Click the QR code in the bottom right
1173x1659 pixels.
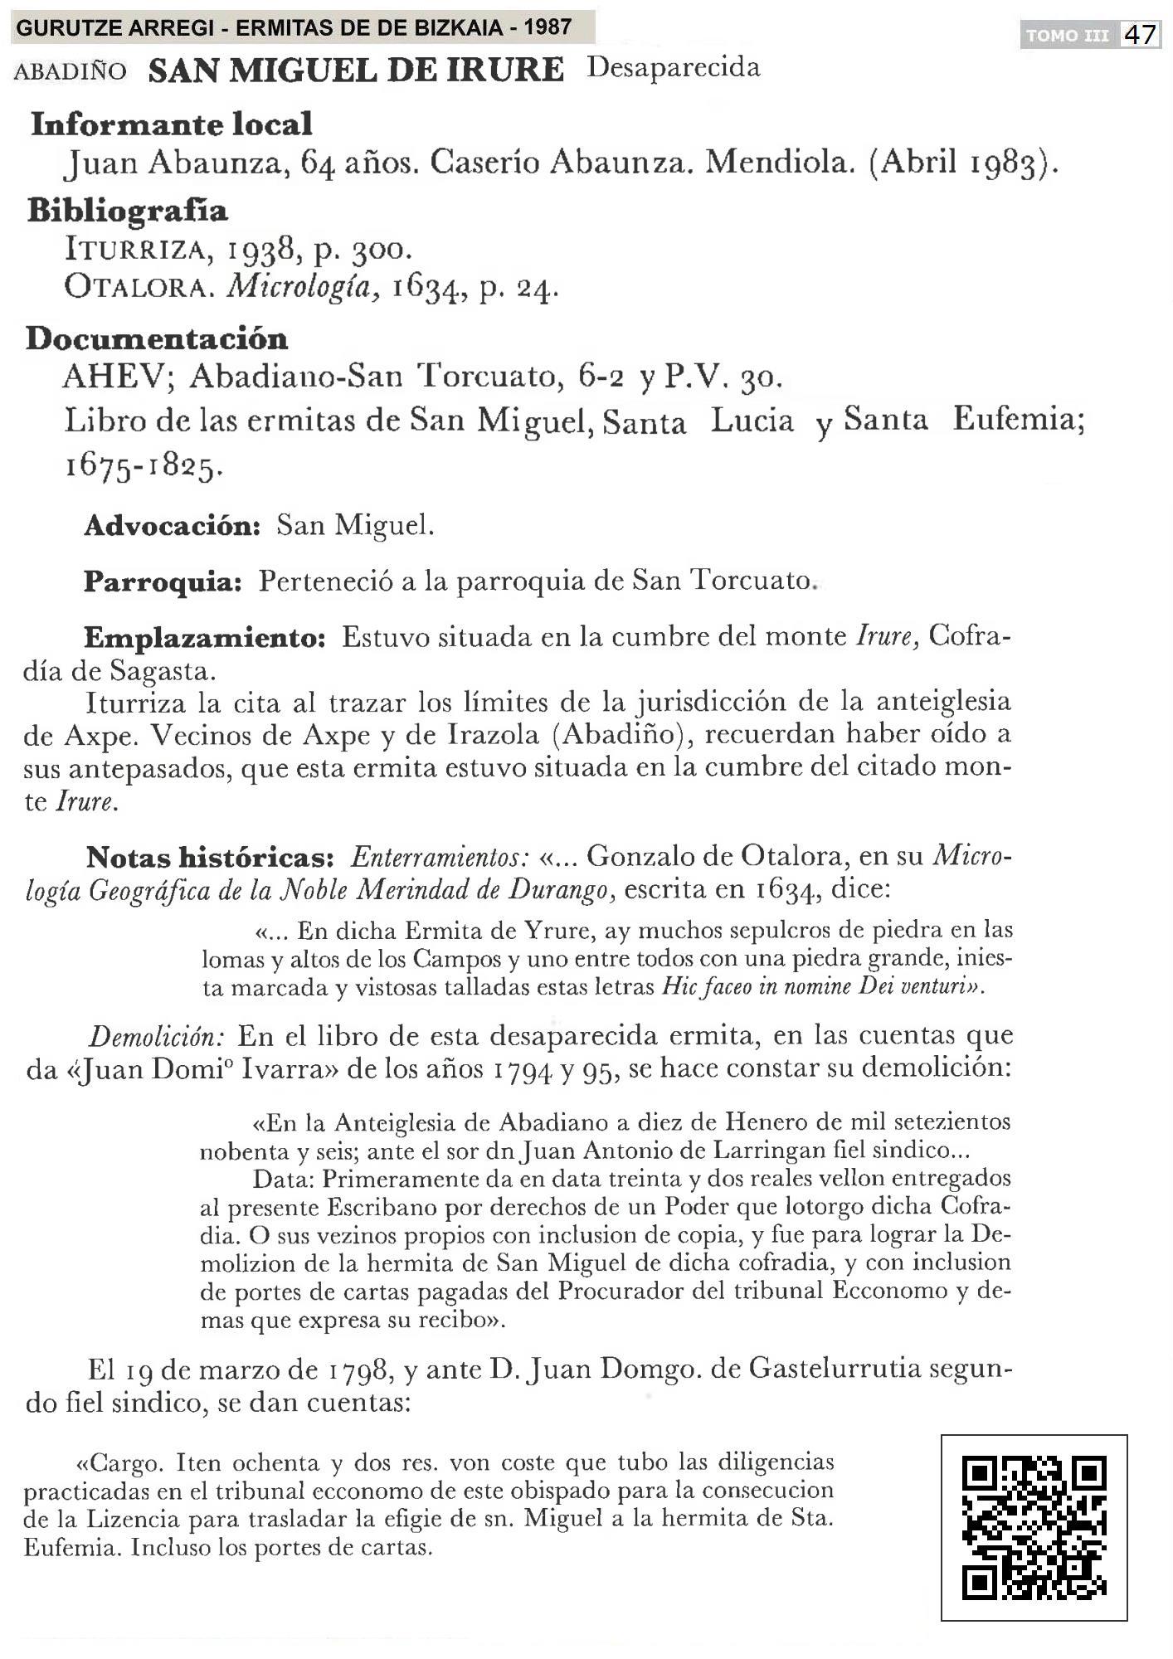click(x=1034, y=1527)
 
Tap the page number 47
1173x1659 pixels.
click(x=1141, y=35)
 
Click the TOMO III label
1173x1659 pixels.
click(x=1068, y=36)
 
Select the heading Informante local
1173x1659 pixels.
click(x=172, y=124)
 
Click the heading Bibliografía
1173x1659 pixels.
click(x=128, y=211)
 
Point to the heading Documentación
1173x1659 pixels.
click(x=158, y=338)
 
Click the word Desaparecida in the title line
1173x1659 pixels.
click(x=673, y=68)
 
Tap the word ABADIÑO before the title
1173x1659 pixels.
click(x=71, y=71)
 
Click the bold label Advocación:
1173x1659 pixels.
click(x=173, y=526)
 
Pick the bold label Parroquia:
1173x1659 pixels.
click(x=163, y=581)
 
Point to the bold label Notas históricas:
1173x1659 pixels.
click(x=210, y=857)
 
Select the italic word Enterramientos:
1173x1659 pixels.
click(x=440, y=857)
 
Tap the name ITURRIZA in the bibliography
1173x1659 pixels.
click(x=125, y=249)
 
